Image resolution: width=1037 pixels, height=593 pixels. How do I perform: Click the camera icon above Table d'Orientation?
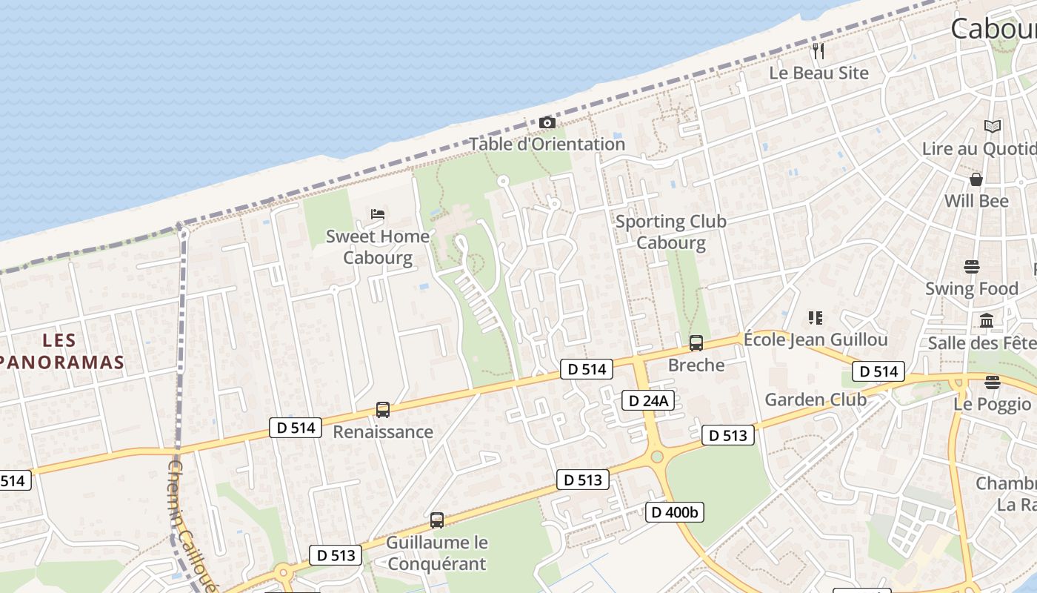547,122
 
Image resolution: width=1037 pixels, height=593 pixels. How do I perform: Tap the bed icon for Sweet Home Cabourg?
378,214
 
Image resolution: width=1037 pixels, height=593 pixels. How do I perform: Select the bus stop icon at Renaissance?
383,409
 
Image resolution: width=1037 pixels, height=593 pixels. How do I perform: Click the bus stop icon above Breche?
696,342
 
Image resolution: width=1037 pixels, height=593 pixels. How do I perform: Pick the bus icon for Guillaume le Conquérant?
437,520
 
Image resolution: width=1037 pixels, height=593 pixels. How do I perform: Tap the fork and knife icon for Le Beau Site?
818,51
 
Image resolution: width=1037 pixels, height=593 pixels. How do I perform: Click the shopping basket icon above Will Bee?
976,179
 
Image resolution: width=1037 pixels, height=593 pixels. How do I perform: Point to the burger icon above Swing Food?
972,266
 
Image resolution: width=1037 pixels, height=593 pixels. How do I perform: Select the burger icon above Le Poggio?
993,382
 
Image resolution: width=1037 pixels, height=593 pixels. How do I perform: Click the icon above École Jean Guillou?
816,318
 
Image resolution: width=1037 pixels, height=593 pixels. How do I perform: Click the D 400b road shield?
674,512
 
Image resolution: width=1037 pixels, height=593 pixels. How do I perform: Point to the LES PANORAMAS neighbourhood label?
61,351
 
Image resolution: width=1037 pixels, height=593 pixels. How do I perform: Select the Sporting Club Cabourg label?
671,232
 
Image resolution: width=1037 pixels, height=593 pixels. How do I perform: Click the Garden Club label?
816,400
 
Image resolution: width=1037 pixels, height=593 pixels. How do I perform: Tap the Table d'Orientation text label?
547,144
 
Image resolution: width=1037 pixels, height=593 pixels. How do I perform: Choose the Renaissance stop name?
383,431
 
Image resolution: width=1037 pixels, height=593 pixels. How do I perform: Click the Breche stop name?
696,365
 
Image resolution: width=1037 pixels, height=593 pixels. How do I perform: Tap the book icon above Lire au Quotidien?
993,126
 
